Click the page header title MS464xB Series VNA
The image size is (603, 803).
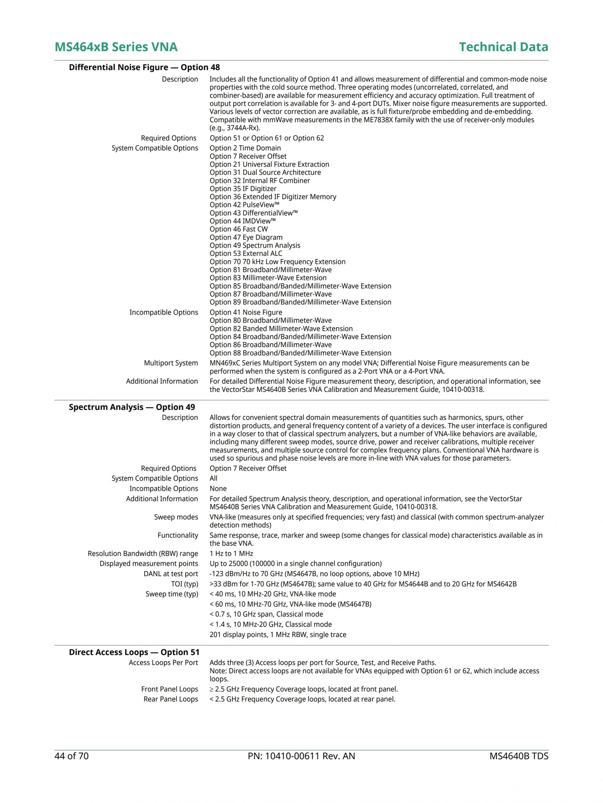coord(116,47)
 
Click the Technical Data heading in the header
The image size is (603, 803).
coord(503,47)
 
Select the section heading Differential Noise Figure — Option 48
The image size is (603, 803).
coord(144,68)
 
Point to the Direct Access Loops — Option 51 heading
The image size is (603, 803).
coord(134,652)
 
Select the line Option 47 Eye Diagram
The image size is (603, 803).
coord(246,237)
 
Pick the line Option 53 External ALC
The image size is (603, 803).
coord(246,253)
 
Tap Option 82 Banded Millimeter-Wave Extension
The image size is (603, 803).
coord(281,328)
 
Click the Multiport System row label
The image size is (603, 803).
coord(171,363)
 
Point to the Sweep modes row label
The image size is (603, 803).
coord(176,517)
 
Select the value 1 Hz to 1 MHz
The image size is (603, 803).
coord(231,553)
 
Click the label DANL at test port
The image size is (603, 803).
coord(171,574)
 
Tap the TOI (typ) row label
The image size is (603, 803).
coord(184,584)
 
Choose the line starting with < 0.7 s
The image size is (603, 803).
coord(266,614)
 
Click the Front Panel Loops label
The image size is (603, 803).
coord(169,689)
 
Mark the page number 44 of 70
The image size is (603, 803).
coord(72,756)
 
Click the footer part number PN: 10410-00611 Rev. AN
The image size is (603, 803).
coord(301,756)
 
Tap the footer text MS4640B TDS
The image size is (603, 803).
coord(519,756)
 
